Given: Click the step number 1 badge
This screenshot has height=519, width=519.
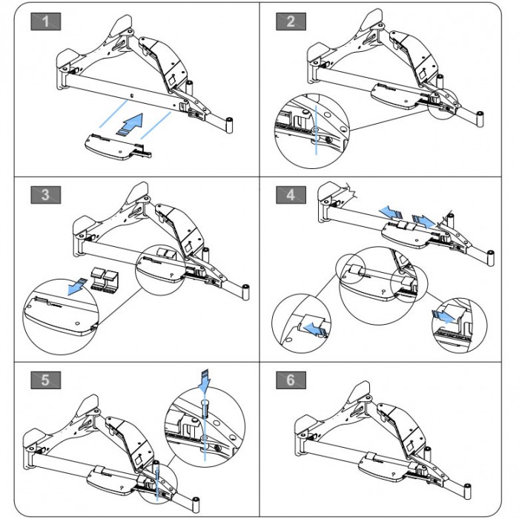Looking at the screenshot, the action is pos(46,22).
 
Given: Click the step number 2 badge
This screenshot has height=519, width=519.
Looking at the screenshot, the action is pos(291,22).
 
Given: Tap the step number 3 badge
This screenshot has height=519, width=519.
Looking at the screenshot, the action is pos(46,195).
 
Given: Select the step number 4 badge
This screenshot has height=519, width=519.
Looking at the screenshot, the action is pos(291,195).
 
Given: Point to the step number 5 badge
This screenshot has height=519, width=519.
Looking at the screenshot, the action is pos(46,380).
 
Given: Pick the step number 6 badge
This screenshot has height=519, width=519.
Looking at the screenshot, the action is pos(291,380).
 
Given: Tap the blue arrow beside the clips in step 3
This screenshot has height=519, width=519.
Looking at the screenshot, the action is pos(76,287).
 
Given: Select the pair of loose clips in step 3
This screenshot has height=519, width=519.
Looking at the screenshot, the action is pos(105,280).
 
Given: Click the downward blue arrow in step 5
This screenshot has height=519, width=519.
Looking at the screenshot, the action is pos(204,380).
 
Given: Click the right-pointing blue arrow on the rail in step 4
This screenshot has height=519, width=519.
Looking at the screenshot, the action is pos(423,221).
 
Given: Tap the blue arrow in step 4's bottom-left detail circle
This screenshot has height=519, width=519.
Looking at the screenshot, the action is pos(314,329).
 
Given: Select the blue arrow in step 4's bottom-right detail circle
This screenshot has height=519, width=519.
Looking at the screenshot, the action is pos(443,317).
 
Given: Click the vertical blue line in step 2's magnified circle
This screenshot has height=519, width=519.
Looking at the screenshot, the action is pos(316,130).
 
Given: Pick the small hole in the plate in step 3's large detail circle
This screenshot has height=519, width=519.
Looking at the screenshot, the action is pos(77,323).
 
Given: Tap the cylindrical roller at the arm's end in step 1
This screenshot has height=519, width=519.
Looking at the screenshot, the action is pos(229,125).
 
